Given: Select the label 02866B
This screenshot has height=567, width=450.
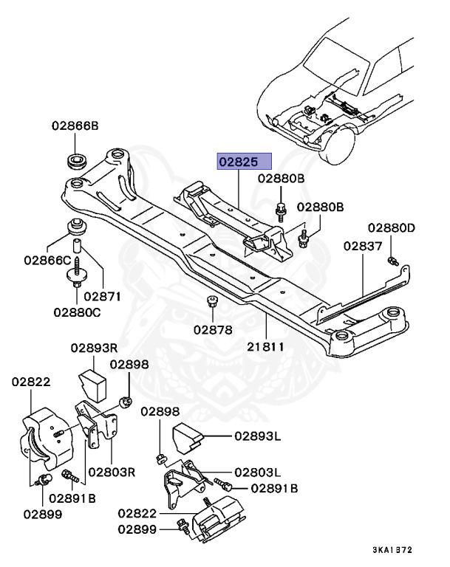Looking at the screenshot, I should (75, 126).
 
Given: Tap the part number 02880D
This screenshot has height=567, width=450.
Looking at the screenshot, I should (392, 227).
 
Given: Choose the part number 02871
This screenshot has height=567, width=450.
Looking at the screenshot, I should (103, 295).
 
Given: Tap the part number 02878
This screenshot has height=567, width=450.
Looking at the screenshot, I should (214, 329).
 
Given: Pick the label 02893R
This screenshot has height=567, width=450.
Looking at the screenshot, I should (95, 347).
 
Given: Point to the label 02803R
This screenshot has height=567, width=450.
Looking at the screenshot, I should (112, 470).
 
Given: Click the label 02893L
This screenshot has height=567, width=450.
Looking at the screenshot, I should (259, 437).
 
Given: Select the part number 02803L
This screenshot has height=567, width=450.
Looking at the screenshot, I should (257, 472).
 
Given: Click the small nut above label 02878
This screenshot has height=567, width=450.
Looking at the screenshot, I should (212, 302).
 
